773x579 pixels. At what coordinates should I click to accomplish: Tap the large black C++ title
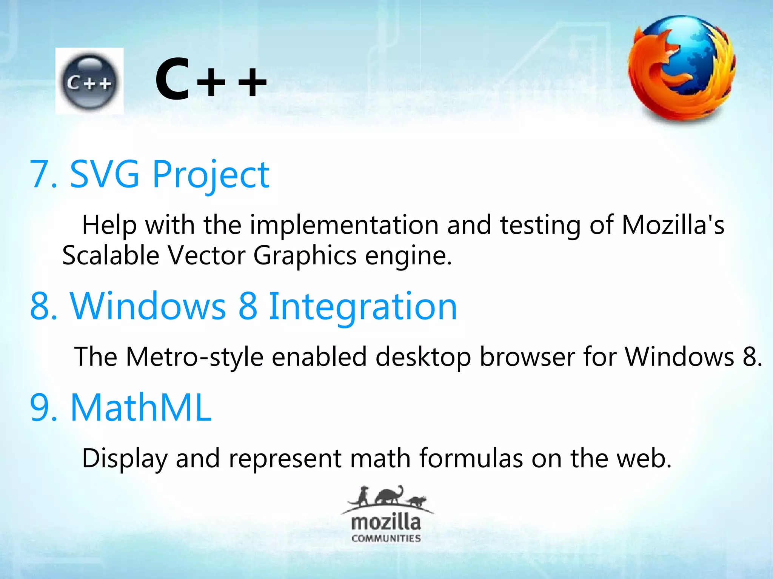click(x=211, y=80)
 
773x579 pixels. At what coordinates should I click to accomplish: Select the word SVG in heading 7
click(x=105, y=174)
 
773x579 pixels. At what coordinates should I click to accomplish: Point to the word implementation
click(x=344, y=225)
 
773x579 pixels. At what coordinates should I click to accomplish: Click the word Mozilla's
click(x=673, y=225)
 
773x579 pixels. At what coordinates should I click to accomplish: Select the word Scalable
click(x=111, y=255)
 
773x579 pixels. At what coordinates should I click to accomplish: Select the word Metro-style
click(x=194, y=357)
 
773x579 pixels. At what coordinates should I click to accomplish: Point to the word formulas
click(x=471, y=458)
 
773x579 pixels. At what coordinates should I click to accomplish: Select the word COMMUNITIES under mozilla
click(x=386, y=538)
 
